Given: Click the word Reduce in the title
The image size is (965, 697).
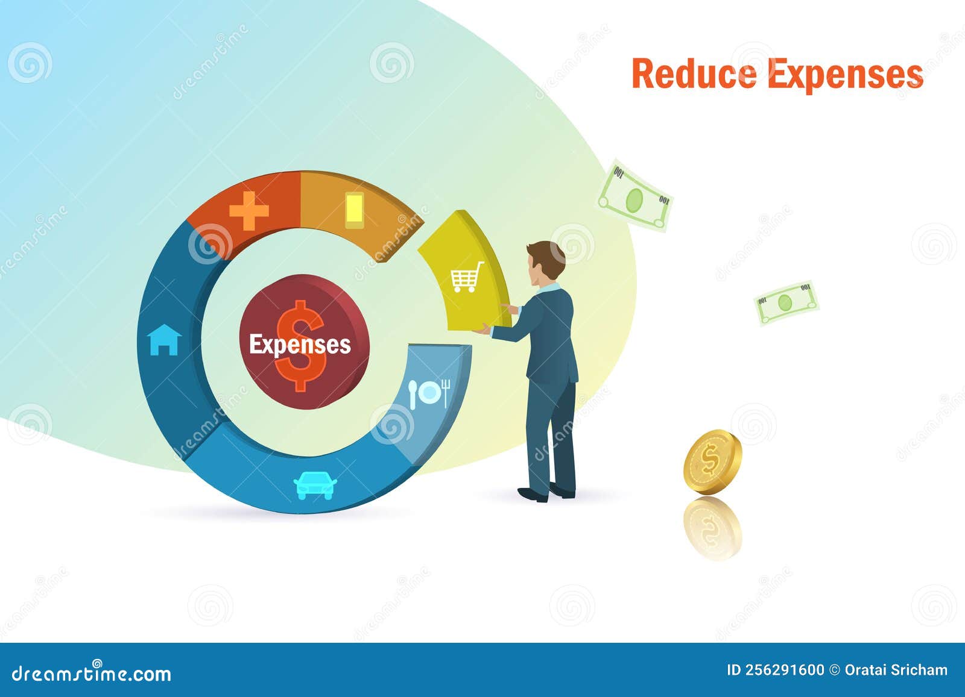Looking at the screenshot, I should point(694,74).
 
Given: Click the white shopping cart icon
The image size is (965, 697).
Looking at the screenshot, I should point(467,277).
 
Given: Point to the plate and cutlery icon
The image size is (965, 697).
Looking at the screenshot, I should point(429,393).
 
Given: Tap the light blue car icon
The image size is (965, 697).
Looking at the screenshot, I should point(315,485).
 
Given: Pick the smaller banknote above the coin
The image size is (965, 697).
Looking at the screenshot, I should point(786,302).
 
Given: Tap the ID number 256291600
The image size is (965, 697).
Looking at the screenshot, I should point(785,670).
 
